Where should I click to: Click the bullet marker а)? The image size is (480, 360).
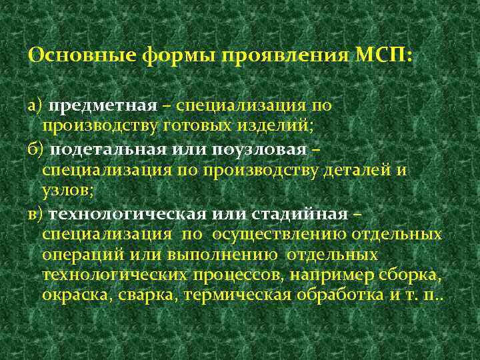(x=35, y=106)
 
